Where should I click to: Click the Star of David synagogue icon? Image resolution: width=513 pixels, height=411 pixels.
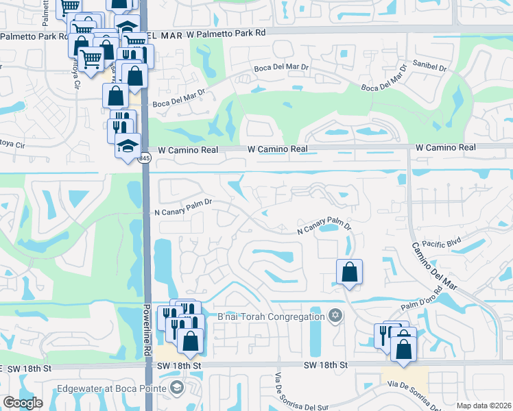pyautogui.click(x=335, y=315)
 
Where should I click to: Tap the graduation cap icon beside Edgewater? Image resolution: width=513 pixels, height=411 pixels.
pyautogui.click(x=178, y=388)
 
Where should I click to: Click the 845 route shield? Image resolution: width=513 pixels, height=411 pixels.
pyautogui.click(x=144, y=158)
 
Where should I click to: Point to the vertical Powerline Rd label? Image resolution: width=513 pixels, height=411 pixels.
pyautogui.click(x=147, y=329)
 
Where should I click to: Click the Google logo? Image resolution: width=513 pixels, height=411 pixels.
pyautogui.click(x=23, y=403)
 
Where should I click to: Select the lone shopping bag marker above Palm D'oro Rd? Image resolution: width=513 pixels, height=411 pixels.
pyautogui.click(x=349, y=272)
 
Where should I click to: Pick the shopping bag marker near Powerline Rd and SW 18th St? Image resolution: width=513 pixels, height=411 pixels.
pyautogui.click(x=190, y=339)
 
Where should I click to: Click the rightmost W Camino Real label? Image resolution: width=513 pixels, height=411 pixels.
pyautogui.click(x=445, y=147)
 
